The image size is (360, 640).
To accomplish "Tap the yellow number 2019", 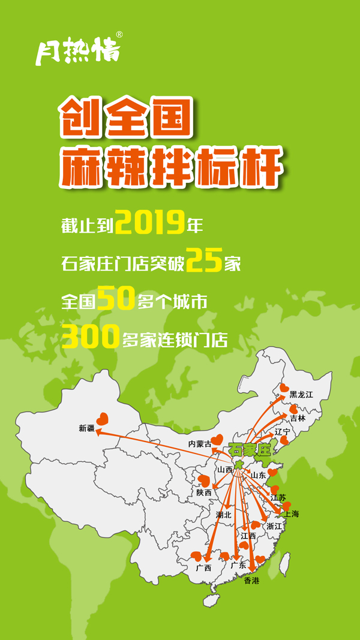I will tap(149, 223).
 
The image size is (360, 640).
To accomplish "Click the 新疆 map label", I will tap(87, 428).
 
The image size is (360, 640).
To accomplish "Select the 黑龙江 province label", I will tap(301, 394).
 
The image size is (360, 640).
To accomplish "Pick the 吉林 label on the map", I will tap(298, 418).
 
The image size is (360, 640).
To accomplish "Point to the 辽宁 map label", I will tap(283, 431).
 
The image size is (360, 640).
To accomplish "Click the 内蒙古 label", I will tap(200, 444).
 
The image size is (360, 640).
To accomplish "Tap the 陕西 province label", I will tap(204, 492).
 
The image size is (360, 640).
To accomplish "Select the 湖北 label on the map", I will tap(224, 515).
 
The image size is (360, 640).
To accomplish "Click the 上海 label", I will tap(292, 514).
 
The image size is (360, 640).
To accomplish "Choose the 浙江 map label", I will tap(274, 526).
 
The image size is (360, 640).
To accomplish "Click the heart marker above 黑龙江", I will tap(284, 389).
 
